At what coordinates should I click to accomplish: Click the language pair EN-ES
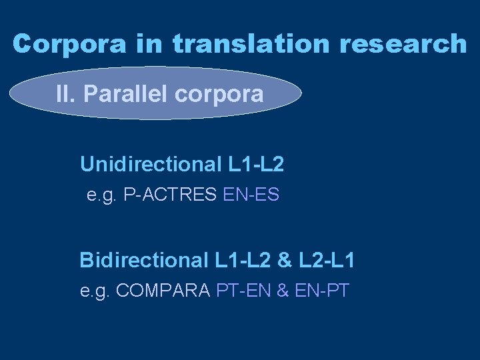pos(251,195)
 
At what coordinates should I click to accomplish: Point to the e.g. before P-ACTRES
pos(101,195)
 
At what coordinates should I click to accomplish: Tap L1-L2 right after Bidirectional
pos(231,259)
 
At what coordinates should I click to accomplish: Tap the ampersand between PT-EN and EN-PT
pos(283,291)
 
